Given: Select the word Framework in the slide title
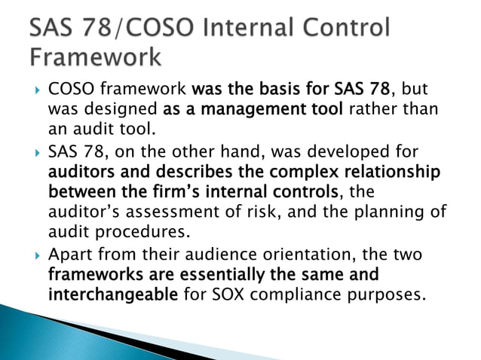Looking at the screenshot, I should (96, 56).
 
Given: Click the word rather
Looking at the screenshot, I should (372, 110).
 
